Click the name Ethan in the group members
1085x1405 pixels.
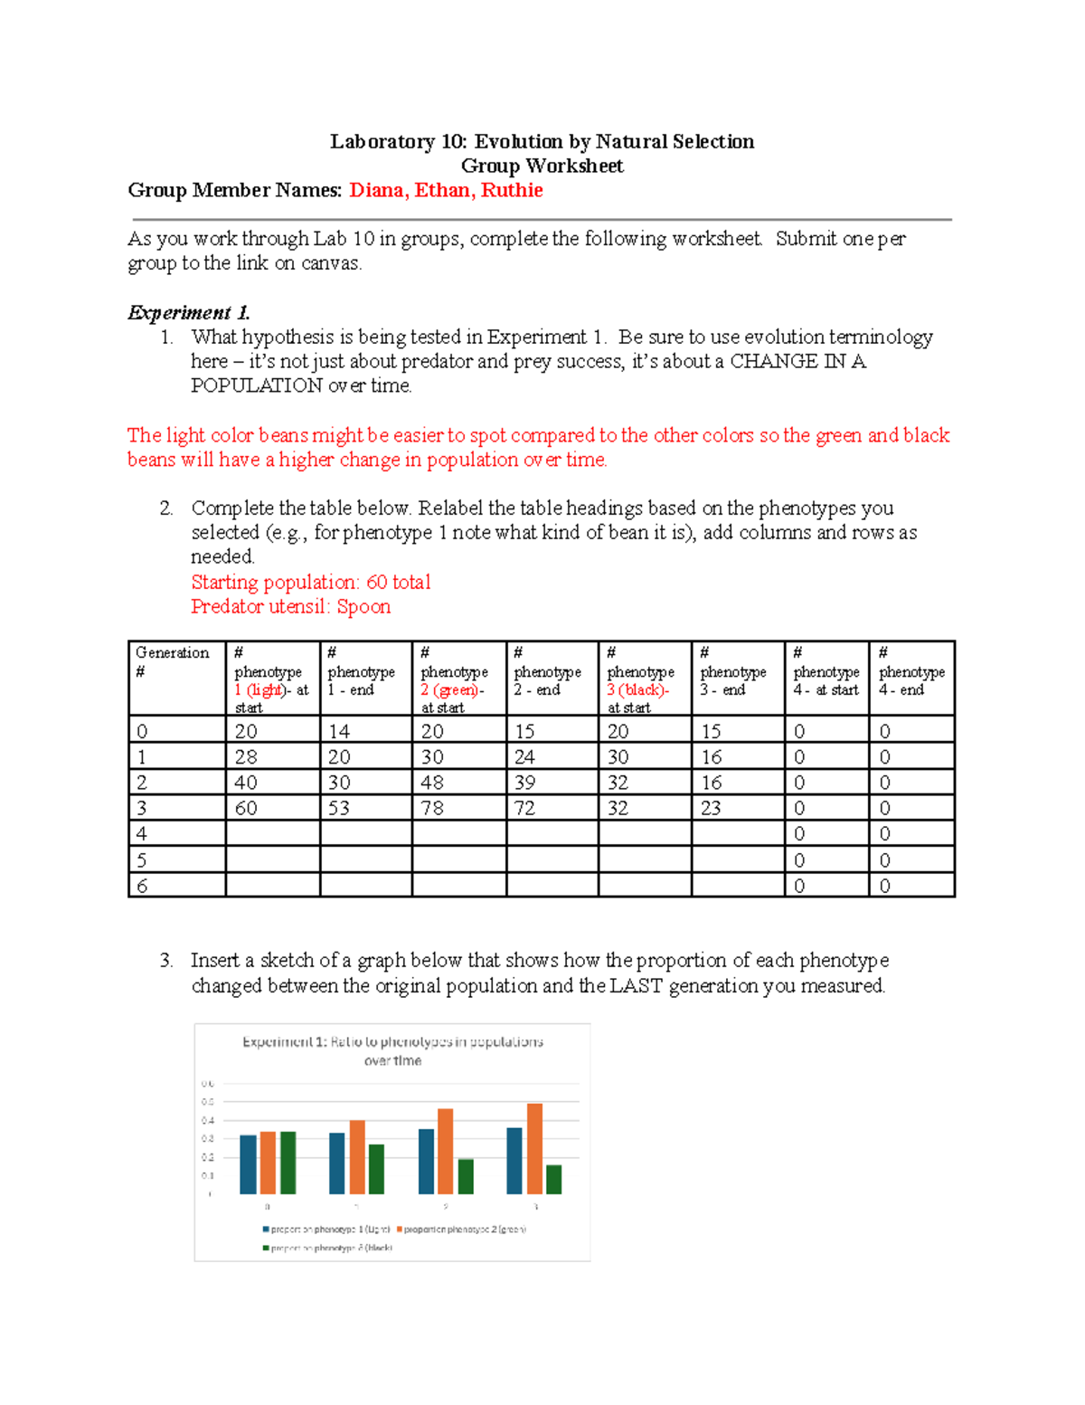442,190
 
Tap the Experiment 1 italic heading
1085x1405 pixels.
188,313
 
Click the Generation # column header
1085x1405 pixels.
173,662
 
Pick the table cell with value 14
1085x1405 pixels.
339,731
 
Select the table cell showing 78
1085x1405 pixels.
432,808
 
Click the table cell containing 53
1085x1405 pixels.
339,808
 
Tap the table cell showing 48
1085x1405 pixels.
432,783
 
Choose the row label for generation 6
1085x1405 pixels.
142,886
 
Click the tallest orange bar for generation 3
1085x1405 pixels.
534,1148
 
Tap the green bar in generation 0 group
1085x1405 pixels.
288,1163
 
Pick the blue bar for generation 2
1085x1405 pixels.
426,1161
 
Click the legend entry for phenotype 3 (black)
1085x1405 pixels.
331,1248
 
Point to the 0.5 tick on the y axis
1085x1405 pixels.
208,1102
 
